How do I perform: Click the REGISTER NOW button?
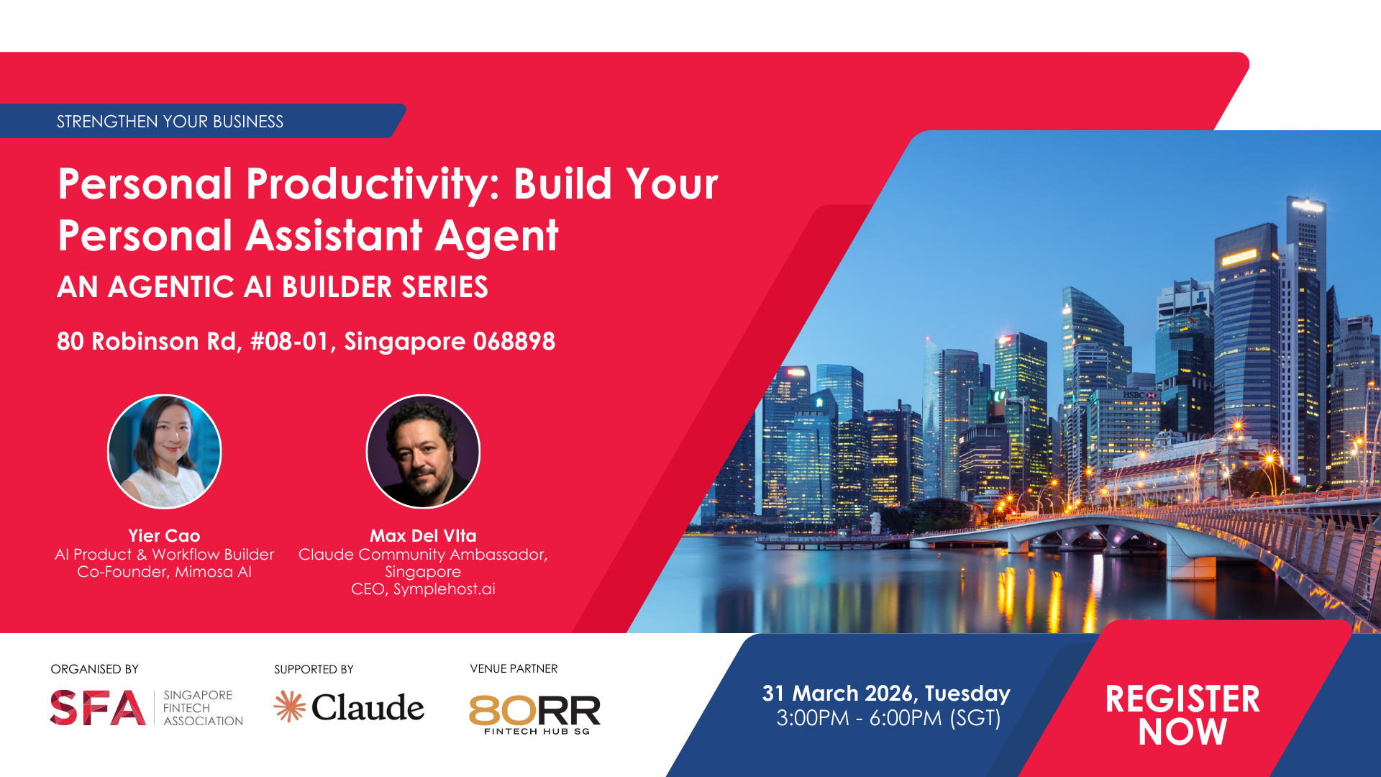(x=1182, y=715)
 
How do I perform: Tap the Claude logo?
(x=349, y=706)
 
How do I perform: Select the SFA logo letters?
(x=98, y=707)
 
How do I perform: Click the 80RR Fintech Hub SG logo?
(x=534, y=714)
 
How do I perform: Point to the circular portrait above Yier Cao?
(x=165, y=452)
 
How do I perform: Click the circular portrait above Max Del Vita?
(x=423, y=452)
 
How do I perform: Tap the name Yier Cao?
(x=164, y=536)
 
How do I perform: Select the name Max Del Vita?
(x=423, y=536)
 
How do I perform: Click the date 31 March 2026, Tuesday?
(x=886, y=694)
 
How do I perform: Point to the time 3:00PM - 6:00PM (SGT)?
(x=888, y=718)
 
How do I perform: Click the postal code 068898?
(x=514, y=341)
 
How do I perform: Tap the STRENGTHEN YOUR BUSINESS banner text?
(x=170, y=122)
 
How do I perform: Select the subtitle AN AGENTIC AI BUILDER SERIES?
(x=273, y=287)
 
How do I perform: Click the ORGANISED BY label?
(x=95, y=669)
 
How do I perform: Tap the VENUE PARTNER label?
(x=514, y=669)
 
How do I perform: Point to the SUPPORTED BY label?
(x=314, y=669)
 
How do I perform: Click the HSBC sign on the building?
(x=1140, y=395)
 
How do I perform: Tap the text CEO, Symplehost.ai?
(x=423, y=589)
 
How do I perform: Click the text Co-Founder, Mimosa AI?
(x=164, y=572)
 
